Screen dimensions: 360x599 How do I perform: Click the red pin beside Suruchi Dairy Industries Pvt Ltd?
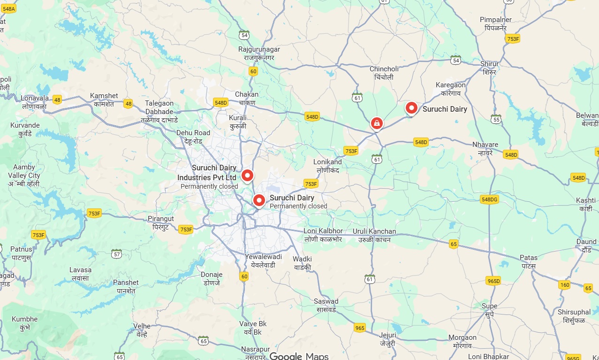247,176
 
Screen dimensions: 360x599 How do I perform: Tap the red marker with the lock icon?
376,123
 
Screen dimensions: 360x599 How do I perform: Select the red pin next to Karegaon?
411,108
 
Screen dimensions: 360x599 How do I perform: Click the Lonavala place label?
35,102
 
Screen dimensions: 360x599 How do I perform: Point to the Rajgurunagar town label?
259,53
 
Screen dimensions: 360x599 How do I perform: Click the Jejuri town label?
387,339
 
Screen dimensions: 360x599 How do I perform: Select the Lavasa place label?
80,274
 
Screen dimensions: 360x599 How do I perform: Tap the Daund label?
586,245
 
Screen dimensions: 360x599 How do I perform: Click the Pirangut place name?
161,222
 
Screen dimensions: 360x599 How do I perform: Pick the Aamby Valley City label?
24,176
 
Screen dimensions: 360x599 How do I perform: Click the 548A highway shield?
8,9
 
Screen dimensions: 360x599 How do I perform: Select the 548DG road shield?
489,200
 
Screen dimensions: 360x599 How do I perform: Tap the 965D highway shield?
493,281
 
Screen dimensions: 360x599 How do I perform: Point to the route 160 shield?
564,285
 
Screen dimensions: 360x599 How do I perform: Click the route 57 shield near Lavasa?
117,254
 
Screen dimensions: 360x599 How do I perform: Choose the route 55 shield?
495,120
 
